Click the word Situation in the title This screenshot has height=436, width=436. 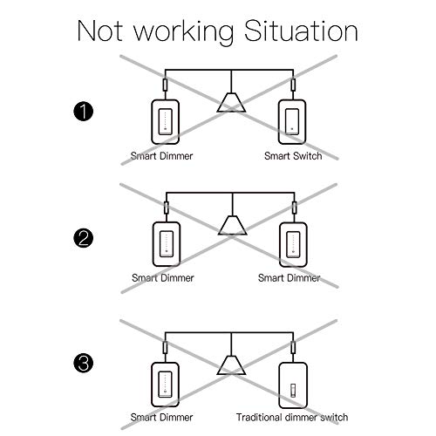click(x=301, y=31)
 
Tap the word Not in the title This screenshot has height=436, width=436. click(x=99, y=31)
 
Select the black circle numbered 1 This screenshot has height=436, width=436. click(x=84, y=112)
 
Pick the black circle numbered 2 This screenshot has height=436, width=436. click(x=84, y=238)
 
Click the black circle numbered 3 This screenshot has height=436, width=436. click(x=84, y=364)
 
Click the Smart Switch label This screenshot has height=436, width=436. click(x=293, y=156)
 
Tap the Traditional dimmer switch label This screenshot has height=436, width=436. click(x=292, y=418)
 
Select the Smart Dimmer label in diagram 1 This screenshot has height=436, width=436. click(x=161, y=156)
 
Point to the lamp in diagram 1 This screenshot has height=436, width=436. click(x=231, y=102)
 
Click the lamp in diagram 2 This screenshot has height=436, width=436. click(x=233, y=225)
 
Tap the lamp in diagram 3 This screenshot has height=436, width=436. click(x=231, y=365)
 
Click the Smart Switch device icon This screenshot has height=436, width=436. click(x=292, y=122)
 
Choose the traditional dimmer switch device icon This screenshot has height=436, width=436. click(x=293, y=385)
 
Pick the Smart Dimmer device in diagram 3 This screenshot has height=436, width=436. click(x=165, y=385)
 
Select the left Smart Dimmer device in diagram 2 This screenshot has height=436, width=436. click(x=167, y=244)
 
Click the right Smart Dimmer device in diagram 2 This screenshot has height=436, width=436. click(x=293, y=244)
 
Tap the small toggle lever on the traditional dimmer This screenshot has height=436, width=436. click(x=293, y=391)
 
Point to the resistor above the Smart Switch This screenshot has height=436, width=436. click(x=293, y=85)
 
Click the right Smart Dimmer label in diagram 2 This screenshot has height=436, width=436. click(x=289, y=278)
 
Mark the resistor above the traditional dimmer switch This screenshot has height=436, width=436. click(x=293, y=347)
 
